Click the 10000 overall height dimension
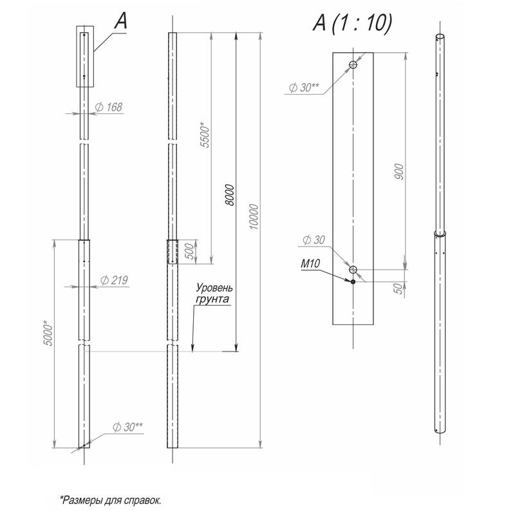pos(254,216)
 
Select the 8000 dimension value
pos(230,195)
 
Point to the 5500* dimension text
pos(204,135)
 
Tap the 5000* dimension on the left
pos(48,333)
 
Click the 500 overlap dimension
pos(189,251)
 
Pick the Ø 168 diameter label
pos(109,107)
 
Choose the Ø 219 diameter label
pos(114,280)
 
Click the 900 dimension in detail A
pos(398,171)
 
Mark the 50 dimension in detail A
pos(398,288)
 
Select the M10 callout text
pos(310,263)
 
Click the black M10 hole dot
pos(353,282)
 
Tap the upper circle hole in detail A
pos(353,65)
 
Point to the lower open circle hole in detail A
pos(353,270)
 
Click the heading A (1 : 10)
pos(352,23)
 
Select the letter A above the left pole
pos(121,21)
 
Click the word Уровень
pos(214,288)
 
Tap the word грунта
pos(212,299)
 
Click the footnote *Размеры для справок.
pos(110,500)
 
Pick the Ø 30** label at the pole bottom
pos(127,427)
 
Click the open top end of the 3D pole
pos(440,36)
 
